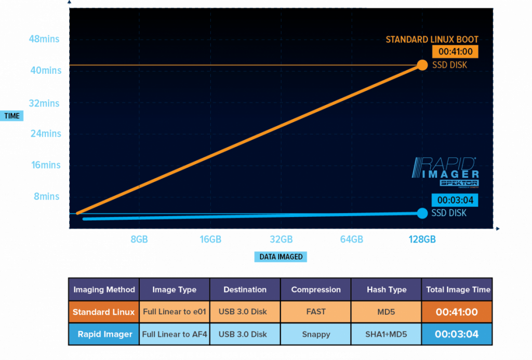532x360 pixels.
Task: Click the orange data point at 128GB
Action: [422, 65]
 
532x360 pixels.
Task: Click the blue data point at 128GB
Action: [422, 213]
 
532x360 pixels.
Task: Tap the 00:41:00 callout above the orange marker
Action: [455, 52]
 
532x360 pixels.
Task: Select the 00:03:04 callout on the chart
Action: [455, 199]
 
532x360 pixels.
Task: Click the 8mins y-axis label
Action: [47, 196]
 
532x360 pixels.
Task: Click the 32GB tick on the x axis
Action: [281, 239]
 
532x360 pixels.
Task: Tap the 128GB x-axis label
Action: [422, 239]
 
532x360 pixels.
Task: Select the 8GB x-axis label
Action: [139, 239]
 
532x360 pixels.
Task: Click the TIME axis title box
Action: [12, 116]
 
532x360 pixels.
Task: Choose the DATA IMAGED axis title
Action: [281, 257]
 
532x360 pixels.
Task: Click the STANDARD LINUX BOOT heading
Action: [432, 39]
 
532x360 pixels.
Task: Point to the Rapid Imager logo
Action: [445, 171]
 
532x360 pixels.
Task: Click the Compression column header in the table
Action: [316, 290]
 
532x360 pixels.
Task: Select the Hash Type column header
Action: [387, 290]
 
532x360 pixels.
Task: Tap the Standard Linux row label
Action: [104, 312]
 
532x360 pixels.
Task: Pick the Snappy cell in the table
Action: [316, 334]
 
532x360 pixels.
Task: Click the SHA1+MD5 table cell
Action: [387, 334]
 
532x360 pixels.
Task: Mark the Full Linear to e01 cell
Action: [175, 312]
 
